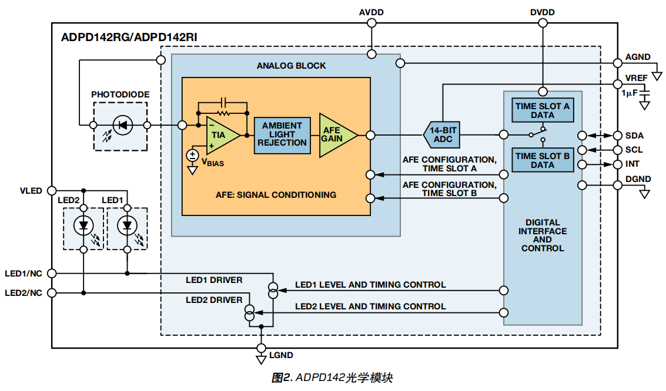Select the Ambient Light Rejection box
pos(282,134)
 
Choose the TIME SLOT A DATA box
pos(542,110)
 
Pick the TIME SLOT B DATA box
pos(542,160)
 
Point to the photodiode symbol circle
pos(122,125)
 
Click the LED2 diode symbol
pos(83,225)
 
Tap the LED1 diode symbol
pos(127,225)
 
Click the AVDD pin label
pos(372,12)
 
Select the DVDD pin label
pos(542,12)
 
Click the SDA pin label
pos(634,135)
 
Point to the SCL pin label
pos(634,150)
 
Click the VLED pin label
pos(31,191)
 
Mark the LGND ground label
pos(280,355)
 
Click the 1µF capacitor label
pos(630,93)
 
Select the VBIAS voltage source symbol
pos(192,156)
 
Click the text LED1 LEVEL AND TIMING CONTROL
pos(370,285)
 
